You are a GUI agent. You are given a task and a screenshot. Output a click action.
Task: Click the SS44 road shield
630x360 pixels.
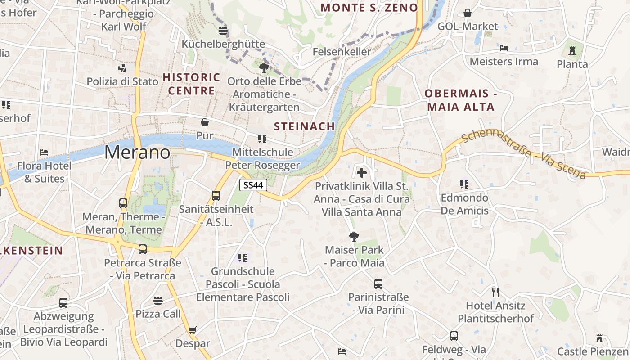pyautogui.click(x=253, y=184)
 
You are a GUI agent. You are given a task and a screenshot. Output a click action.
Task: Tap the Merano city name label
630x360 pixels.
pyautogui.click(x=137, y=153)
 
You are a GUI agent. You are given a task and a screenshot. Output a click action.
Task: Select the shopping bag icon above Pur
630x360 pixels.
pyautogui.click(x=205, y=122)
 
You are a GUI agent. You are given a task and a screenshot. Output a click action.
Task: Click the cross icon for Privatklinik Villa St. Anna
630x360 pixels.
pyautogui.click(x=362, y=173)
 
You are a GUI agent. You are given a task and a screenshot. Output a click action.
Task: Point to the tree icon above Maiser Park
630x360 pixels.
pyautogui.click(x=354, y=236)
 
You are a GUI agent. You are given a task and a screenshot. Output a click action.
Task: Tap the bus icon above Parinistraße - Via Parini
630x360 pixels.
pyautogui.click(x=378, y=284)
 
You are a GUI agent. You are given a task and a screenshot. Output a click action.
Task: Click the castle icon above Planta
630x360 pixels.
pyautogui.click(x=572, y=51)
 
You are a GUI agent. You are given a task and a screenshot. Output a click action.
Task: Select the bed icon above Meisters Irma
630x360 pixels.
pyautogui.click(x=504, y=48)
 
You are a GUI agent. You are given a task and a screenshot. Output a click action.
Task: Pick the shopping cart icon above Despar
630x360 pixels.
pyautogui.click(x=193, y=330)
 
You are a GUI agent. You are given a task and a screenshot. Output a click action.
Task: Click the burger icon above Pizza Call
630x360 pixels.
pyautogui.click(x=158, y=300)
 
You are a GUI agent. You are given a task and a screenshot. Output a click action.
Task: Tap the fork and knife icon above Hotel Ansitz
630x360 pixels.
pyautogui.click(x=495, y=292)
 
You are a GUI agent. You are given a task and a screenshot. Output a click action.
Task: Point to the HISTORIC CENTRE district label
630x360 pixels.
pyautogui.click(x=191, y=84)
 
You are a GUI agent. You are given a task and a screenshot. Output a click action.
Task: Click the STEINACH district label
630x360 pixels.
pyautogui.click(x=305, y=126)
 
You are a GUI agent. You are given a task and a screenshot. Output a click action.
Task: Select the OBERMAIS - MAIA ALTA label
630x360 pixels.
pyautogui.click(x=461, y=100)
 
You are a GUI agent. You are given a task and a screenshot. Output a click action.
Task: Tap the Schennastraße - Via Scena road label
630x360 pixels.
pyautogui.click(x=523, y=154)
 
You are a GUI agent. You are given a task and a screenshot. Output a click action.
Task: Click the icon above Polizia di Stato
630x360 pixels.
pyautogui.click(x=122, y=68)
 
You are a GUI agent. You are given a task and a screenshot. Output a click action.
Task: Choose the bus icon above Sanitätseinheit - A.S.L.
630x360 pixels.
pyautogui.click(x=216, y=196)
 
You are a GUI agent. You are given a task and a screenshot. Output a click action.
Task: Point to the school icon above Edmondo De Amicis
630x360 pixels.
pyautogui.click(x=464, y=184)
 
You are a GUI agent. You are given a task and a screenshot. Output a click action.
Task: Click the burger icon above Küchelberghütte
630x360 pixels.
pyautogui.click(x=223, y=31)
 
